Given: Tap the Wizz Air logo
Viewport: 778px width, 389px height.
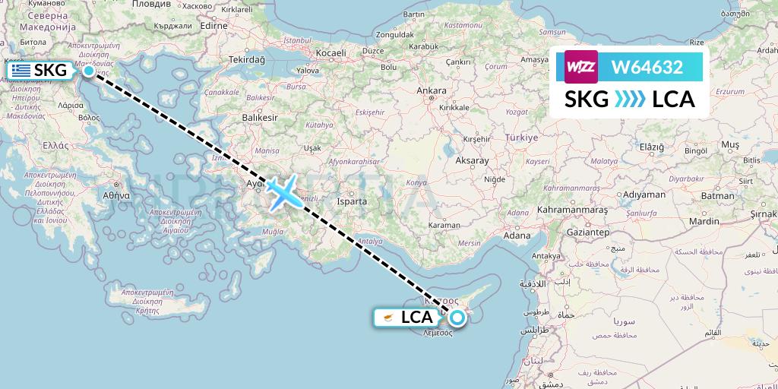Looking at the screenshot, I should pyautogui.click(x=582, y=67).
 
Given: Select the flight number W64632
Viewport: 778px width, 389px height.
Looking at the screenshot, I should pyautogui.click(x=647, y=68).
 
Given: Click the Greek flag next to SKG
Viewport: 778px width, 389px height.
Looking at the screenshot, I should pyautogui.click(x=21, y=71).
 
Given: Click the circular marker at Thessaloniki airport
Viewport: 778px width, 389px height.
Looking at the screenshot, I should pyautogui.click(x=89, y=71).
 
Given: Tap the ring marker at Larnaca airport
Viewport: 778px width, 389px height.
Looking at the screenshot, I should pyautogui.click(x=457, y=318).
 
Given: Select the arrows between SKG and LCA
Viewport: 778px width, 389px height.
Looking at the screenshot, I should pyautogui.click(x=629, y=100).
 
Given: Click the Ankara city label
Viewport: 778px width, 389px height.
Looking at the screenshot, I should pyautogui.click(x=432, y=90).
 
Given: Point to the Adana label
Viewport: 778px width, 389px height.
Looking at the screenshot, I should pyautogui.click(x=517, y=236).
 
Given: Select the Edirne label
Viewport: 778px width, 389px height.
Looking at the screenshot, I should pyautogui.click(x=215, y=25).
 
